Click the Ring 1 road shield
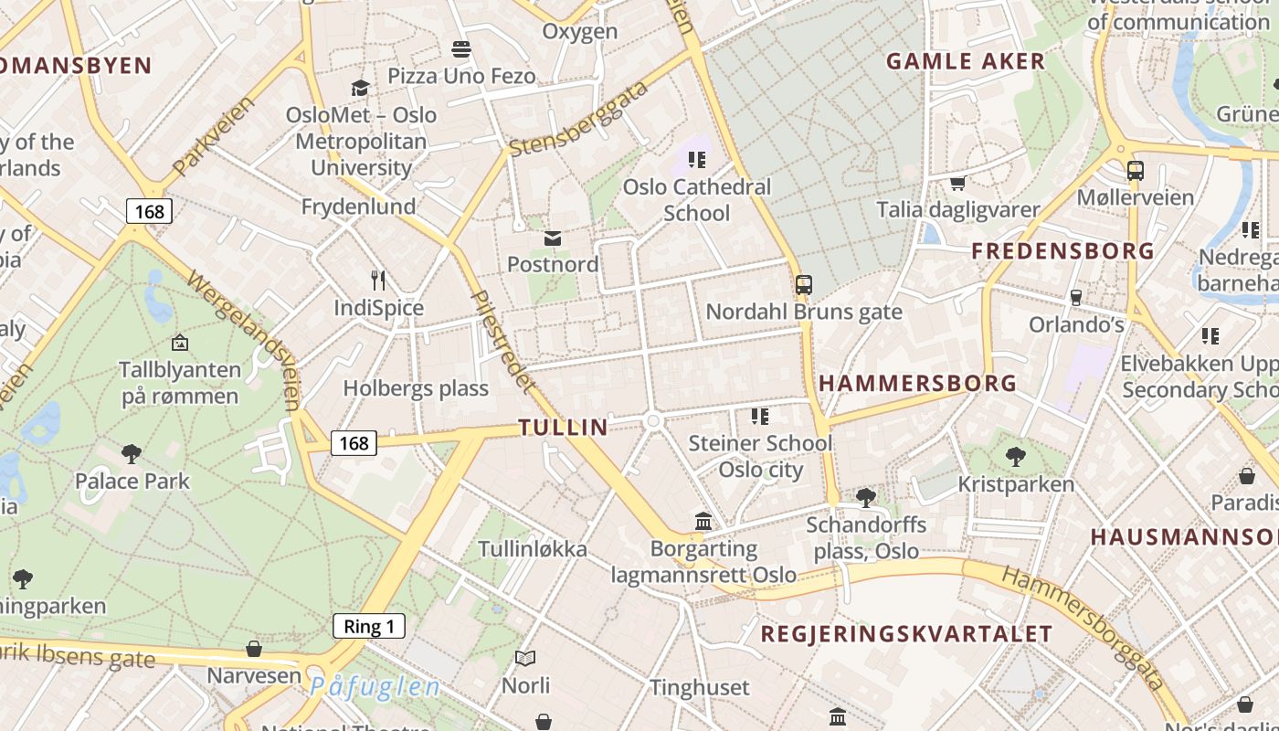point(369,626)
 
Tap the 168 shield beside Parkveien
point(149,212)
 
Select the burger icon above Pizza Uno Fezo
point(461,48)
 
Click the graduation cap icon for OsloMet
point(361,88)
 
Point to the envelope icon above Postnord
point(553,238)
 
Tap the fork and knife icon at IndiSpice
point(378,281)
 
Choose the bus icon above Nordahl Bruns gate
point(804,285)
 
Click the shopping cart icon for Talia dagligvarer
point(957,184)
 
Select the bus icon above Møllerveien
point(1136,171)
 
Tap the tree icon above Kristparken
point(1015,457)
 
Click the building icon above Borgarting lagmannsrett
point(703,522)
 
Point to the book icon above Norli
point(525,658)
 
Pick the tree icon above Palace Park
point(132,453)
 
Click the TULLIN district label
point(563,427)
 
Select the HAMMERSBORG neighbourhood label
point(917,383)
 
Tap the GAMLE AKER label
point(966,61)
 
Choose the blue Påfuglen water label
point(375,687)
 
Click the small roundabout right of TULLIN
point(652,420)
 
